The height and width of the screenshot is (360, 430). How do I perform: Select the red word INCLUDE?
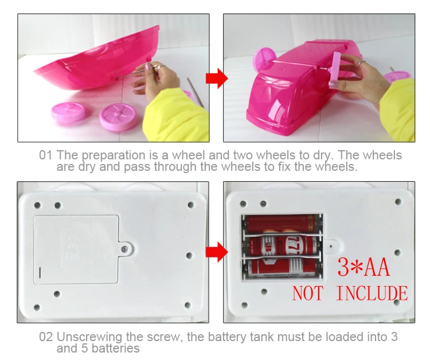371,294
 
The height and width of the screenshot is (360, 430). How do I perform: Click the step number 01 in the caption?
46,155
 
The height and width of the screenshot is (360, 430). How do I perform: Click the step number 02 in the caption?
46,336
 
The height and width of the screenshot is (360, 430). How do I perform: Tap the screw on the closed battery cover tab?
124,248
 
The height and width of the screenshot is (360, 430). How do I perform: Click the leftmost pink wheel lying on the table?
67,111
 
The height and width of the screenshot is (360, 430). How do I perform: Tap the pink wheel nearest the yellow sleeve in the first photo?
118,116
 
